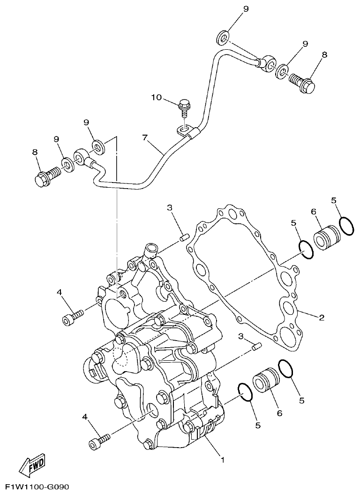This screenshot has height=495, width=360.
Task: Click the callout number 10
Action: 156,98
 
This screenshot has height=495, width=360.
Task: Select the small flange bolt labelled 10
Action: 184,107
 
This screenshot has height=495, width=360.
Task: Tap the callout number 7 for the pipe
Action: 145,138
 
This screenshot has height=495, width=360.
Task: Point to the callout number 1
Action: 222,460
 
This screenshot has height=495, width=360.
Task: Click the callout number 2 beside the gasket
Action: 322,318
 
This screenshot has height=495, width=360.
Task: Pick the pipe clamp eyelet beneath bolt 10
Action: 184,126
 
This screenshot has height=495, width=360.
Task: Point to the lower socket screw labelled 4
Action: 99,441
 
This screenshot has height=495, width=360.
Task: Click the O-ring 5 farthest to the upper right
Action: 346,226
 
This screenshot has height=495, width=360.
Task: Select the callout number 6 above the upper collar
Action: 315,212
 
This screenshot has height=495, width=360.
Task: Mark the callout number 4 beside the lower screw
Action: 85,417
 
